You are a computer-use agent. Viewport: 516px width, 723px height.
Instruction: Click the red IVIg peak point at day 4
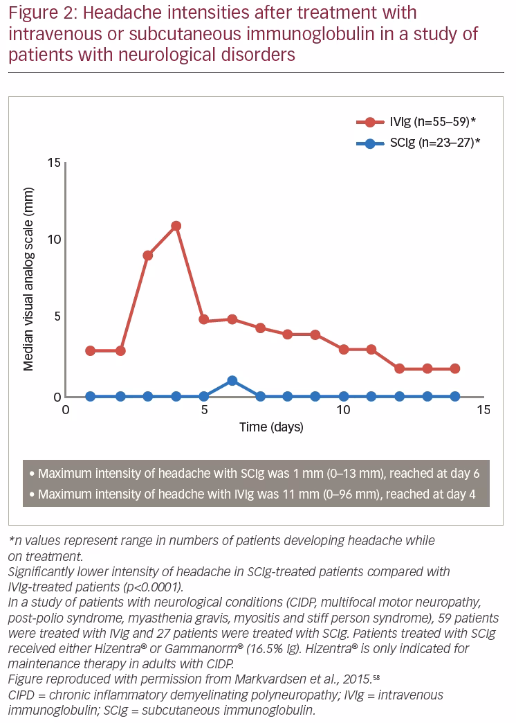coord(176,226)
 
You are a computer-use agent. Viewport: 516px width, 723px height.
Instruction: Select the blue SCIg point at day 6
coord(232,380)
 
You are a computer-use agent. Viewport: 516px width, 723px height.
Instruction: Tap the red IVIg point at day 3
coord(148,256)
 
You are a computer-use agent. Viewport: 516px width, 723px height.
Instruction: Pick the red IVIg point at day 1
coord(91,351)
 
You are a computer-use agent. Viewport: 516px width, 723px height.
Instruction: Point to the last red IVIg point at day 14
coord(455,368)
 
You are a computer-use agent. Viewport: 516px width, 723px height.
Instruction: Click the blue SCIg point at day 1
coord(91,397)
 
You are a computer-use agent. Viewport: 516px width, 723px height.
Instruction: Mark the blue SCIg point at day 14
coord(455,397)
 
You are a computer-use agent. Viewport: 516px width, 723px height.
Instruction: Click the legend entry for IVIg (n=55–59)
coord(416,122)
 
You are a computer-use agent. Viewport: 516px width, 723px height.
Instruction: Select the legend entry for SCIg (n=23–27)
coord(418,143)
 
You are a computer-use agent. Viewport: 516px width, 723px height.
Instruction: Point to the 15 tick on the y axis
coord(54,162)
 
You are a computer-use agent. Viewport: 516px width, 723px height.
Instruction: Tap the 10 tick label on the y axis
coord(54,240)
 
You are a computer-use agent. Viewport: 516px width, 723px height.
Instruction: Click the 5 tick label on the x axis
coord(205,410)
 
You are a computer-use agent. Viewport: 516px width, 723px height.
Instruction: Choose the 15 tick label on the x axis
coord(483,410)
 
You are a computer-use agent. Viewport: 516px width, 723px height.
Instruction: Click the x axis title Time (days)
coord(271,427)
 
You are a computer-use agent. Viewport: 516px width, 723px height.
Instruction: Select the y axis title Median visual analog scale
coord(28,279)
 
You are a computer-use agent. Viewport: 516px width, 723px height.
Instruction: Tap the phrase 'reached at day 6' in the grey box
coord(434,474)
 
